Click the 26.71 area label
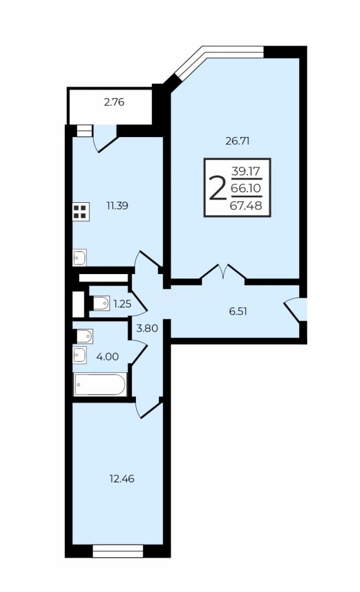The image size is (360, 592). (237, 141)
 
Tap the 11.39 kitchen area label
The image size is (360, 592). (117, 206)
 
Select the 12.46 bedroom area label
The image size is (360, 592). (122, 479)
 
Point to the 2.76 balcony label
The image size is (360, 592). (114, 103)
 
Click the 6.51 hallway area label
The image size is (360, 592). (238, 311)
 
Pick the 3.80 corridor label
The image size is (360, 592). (147, 328)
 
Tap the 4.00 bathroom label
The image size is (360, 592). (107, 356)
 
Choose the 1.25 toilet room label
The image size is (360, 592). (122, 304)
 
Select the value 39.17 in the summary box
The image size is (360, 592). (246, 172)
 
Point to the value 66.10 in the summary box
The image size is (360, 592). (246, 188)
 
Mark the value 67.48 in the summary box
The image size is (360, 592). (246, 206)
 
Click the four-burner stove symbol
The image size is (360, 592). (81, 212)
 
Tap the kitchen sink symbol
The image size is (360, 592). (79, 258)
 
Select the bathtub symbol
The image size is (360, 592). (100, 384)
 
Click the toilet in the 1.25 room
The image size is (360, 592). (101, 303)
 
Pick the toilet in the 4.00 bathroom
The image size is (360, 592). (84, 335)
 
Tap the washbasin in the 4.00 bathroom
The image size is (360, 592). (79, 355)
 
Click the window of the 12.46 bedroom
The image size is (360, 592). (118, 551)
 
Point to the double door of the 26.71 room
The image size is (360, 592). (224, 272)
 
